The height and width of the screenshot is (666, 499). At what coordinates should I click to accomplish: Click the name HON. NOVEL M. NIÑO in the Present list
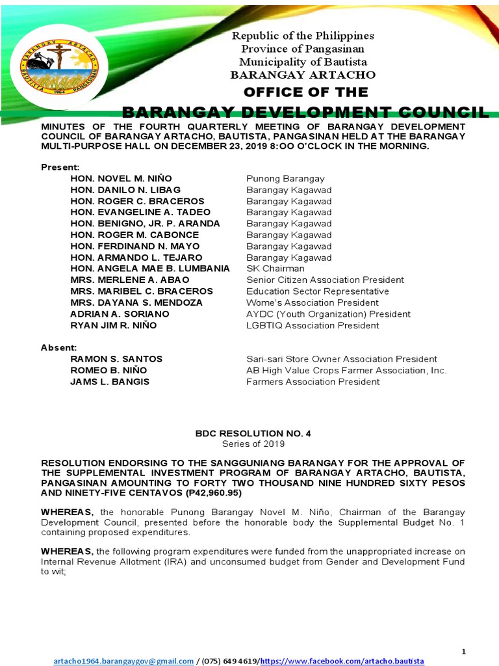[x=122, y=179]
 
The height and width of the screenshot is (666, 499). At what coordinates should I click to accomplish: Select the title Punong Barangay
[x=285, y=179]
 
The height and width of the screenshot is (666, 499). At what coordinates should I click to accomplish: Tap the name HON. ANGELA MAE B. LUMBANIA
[x=150, y=269]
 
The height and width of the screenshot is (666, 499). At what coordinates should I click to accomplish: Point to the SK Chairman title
[x=275, y=269]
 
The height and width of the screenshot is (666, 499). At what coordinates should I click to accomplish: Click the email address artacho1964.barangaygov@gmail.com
[x=123, y=661]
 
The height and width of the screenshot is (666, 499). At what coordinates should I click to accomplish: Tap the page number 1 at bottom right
[x=463, y=651]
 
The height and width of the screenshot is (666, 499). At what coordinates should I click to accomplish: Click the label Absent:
[x=59, y=348]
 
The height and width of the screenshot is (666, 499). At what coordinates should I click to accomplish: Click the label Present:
[x=60, y=167]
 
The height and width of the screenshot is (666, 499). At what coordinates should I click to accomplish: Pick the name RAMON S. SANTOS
[x=116, y=359]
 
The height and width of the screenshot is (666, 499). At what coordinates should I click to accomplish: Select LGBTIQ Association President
[x=313, y=325]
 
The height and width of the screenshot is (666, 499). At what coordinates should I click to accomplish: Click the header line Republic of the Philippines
[x=303, y=36]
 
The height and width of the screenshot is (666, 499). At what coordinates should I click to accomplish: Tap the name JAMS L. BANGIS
[x=110, y=382]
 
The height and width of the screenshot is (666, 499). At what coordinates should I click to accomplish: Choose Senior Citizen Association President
[x=325, y=280]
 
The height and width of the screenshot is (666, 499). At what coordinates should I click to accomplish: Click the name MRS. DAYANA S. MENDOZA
[x=136, y=302]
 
